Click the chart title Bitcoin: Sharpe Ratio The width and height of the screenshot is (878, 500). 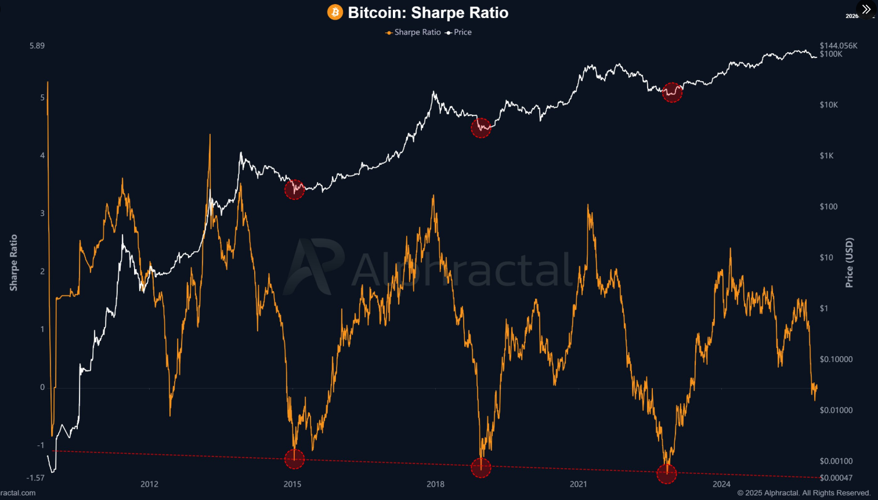428,13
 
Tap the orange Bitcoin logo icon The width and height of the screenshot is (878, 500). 335,12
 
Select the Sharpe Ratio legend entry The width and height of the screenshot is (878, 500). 413,32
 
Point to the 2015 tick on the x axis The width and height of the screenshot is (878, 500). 292,484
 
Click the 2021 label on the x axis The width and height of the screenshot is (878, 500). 579,484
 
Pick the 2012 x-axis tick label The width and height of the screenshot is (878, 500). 149,484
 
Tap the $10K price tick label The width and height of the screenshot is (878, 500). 829,105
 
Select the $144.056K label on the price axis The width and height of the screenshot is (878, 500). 839,45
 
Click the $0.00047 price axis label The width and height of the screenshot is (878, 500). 836,478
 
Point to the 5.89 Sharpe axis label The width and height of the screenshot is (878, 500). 37,45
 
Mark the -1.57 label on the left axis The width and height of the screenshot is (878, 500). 35,478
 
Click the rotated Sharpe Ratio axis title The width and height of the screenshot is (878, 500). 14,262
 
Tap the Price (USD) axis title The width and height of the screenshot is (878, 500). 850,262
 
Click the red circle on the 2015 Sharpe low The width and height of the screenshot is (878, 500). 294,459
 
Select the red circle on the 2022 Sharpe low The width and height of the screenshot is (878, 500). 667,473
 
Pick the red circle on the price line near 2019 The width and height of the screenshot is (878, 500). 481,128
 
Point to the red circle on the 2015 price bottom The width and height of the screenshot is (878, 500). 294,189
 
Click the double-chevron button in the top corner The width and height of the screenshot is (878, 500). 866,9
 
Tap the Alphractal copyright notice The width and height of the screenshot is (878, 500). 804,493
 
